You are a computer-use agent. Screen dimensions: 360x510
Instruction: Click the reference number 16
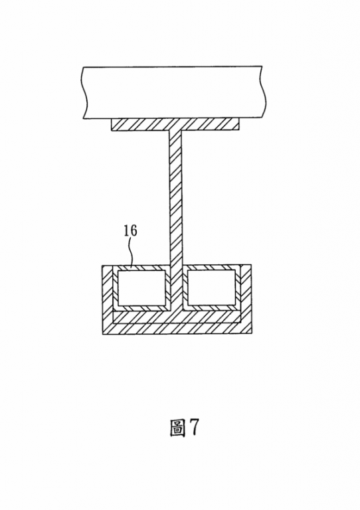click(x=130, y=230)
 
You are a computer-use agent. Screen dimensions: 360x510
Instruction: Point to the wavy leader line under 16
click(x=131, y=253)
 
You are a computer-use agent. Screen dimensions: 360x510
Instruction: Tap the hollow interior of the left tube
click(x=141, y=288)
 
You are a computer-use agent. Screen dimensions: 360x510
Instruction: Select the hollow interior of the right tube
click(x=211, y=288)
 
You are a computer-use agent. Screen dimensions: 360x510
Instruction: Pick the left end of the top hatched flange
click(x=112, y=125)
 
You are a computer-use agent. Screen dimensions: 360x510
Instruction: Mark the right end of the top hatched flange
click(x=238, y=124)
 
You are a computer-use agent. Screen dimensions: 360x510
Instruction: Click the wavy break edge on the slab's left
click(x=85, y=93)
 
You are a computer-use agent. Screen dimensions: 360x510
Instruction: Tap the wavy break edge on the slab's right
click(x=264, y=92)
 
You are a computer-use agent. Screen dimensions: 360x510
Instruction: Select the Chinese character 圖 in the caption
click(x=177, y=428)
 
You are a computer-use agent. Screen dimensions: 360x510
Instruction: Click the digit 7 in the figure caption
click(x=194, y=427)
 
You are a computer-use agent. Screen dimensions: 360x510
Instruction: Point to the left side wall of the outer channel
click(x=108, y=299)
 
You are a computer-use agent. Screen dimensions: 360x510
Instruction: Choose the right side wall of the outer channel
click(x=246, y=299)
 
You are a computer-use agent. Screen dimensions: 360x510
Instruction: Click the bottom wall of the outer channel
click(x=177, y=328)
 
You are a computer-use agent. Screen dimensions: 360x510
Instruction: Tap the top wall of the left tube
click(x=141, y=268)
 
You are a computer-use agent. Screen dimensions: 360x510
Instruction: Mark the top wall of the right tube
click(x=211, y=268)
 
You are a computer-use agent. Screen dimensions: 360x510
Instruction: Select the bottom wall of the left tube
click(x=141, y=308)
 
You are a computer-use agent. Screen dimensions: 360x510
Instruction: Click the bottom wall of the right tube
click(x=211, y=307)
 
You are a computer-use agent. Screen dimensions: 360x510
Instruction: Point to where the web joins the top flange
click(x=175, y=130)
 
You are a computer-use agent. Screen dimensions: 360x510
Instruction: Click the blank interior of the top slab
click(x=174, y=92)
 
